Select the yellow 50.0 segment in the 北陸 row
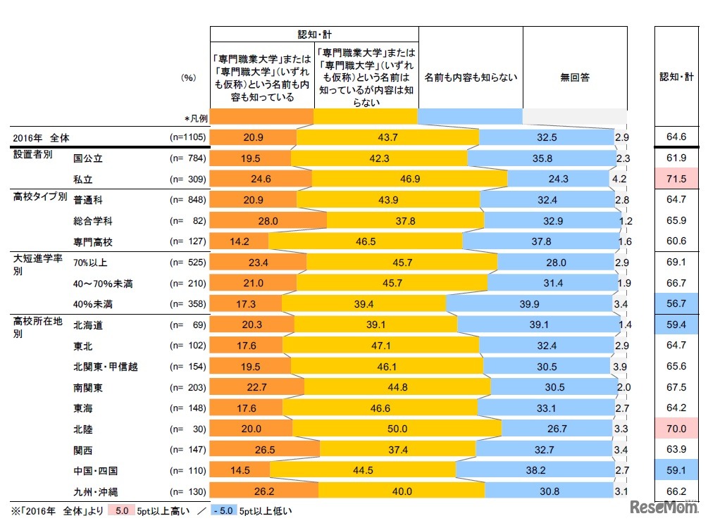396,428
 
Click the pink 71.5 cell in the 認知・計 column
677,179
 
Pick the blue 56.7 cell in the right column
677,304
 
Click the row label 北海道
89,325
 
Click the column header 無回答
575,77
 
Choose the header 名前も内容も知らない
471,77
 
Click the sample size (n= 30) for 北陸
188,428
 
